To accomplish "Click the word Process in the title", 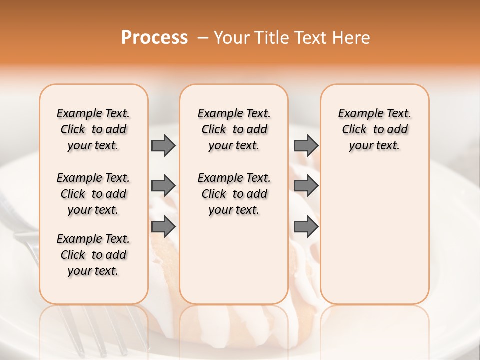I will [x=154, y=38].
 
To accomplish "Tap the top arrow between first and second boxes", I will [x=163, y=145].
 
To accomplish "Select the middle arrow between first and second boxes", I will [x=163, y=186].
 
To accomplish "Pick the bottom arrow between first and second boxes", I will [x=163, y=227].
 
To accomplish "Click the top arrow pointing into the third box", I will [x=306, y=145].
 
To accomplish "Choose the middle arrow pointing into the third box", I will [x=306, y=186].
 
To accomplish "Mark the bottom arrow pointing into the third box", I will [x=306, y=227].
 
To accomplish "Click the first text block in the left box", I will [x=93, y=129].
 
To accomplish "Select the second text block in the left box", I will [x=93, y=194].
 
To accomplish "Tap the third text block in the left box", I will [x=93, y=255].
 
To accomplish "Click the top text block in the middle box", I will [x=234, y=129].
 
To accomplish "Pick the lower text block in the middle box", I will [x=234, y=194].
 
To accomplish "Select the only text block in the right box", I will [x=374, y=129].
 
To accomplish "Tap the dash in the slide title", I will [x=203, y=38].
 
